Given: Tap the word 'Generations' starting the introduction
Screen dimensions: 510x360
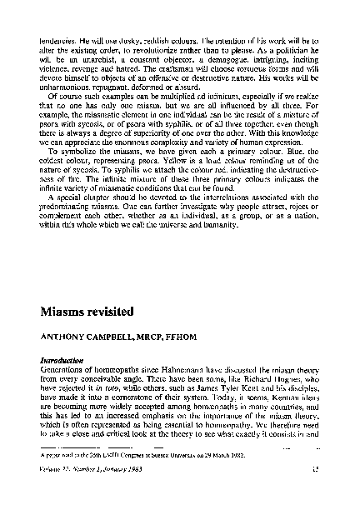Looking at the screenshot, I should click(x=63, y=370).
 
